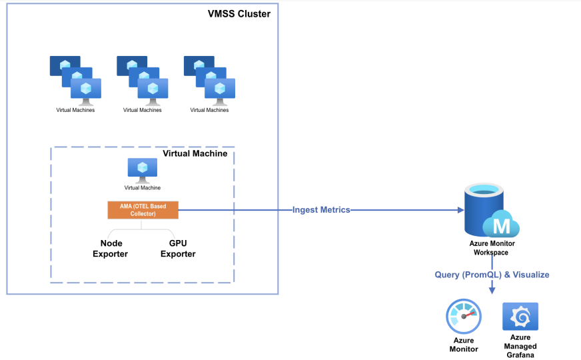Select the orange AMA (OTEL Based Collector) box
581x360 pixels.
[143, 210]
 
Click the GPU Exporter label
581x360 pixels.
[178, 249]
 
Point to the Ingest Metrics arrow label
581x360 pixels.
[321, 210]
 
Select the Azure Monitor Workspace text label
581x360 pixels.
[492, 248]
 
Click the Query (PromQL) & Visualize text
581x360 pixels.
[492, 275]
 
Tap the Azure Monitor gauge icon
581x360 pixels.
[463, 316]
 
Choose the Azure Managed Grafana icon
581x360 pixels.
[520, 317]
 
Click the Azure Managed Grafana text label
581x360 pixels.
[520, 347]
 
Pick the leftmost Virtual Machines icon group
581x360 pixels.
[75, 80]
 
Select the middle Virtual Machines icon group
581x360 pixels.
[143, 80]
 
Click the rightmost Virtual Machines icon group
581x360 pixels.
[209, 80]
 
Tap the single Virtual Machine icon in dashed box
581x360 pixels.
[142, 171]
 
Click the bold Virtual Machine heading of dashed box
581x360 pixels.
[195, 154]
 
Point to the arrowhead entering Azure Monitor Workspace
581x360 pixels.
[460, 210]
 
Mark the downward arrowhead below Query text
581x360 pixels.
[492, 290]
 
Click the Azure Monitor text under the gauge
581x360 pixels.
[463, 345]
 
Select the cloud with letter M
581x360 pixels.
[501, 225]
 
